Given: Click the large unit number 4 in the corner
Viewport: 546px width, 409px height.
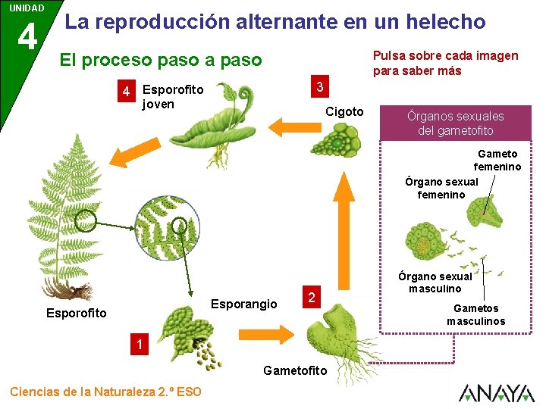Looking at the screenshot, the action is [x=27, y=36].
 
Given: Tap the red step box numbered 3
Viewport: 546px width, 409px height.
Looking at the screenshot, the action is [x=321, y=87].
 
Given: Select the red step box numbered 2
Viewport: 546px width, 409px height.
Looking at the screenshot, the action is [x=309, y=296].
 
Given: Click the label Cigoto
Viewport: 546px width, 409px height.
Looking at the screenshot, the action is [x=344, y=111].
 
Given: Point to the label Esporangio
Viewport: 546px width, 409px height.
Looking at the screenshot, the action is [x=243, y=304].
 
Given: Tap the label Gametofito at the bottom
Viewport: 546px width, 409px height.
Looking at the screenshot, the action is [x=295, y=370].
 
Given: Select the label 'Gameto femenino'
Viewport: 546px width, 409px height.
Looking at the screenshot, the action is [x=497, y=160].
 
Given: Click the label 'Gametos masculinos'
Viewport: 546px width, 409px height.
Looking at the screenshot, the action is [x=476, y=314].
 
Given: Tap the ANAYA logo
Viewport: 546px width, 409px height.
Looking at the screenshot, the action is [x=496, y=392].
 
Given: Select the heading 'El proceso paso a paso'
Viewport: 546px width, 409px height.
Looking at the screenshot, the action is [x=160, y=60].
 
